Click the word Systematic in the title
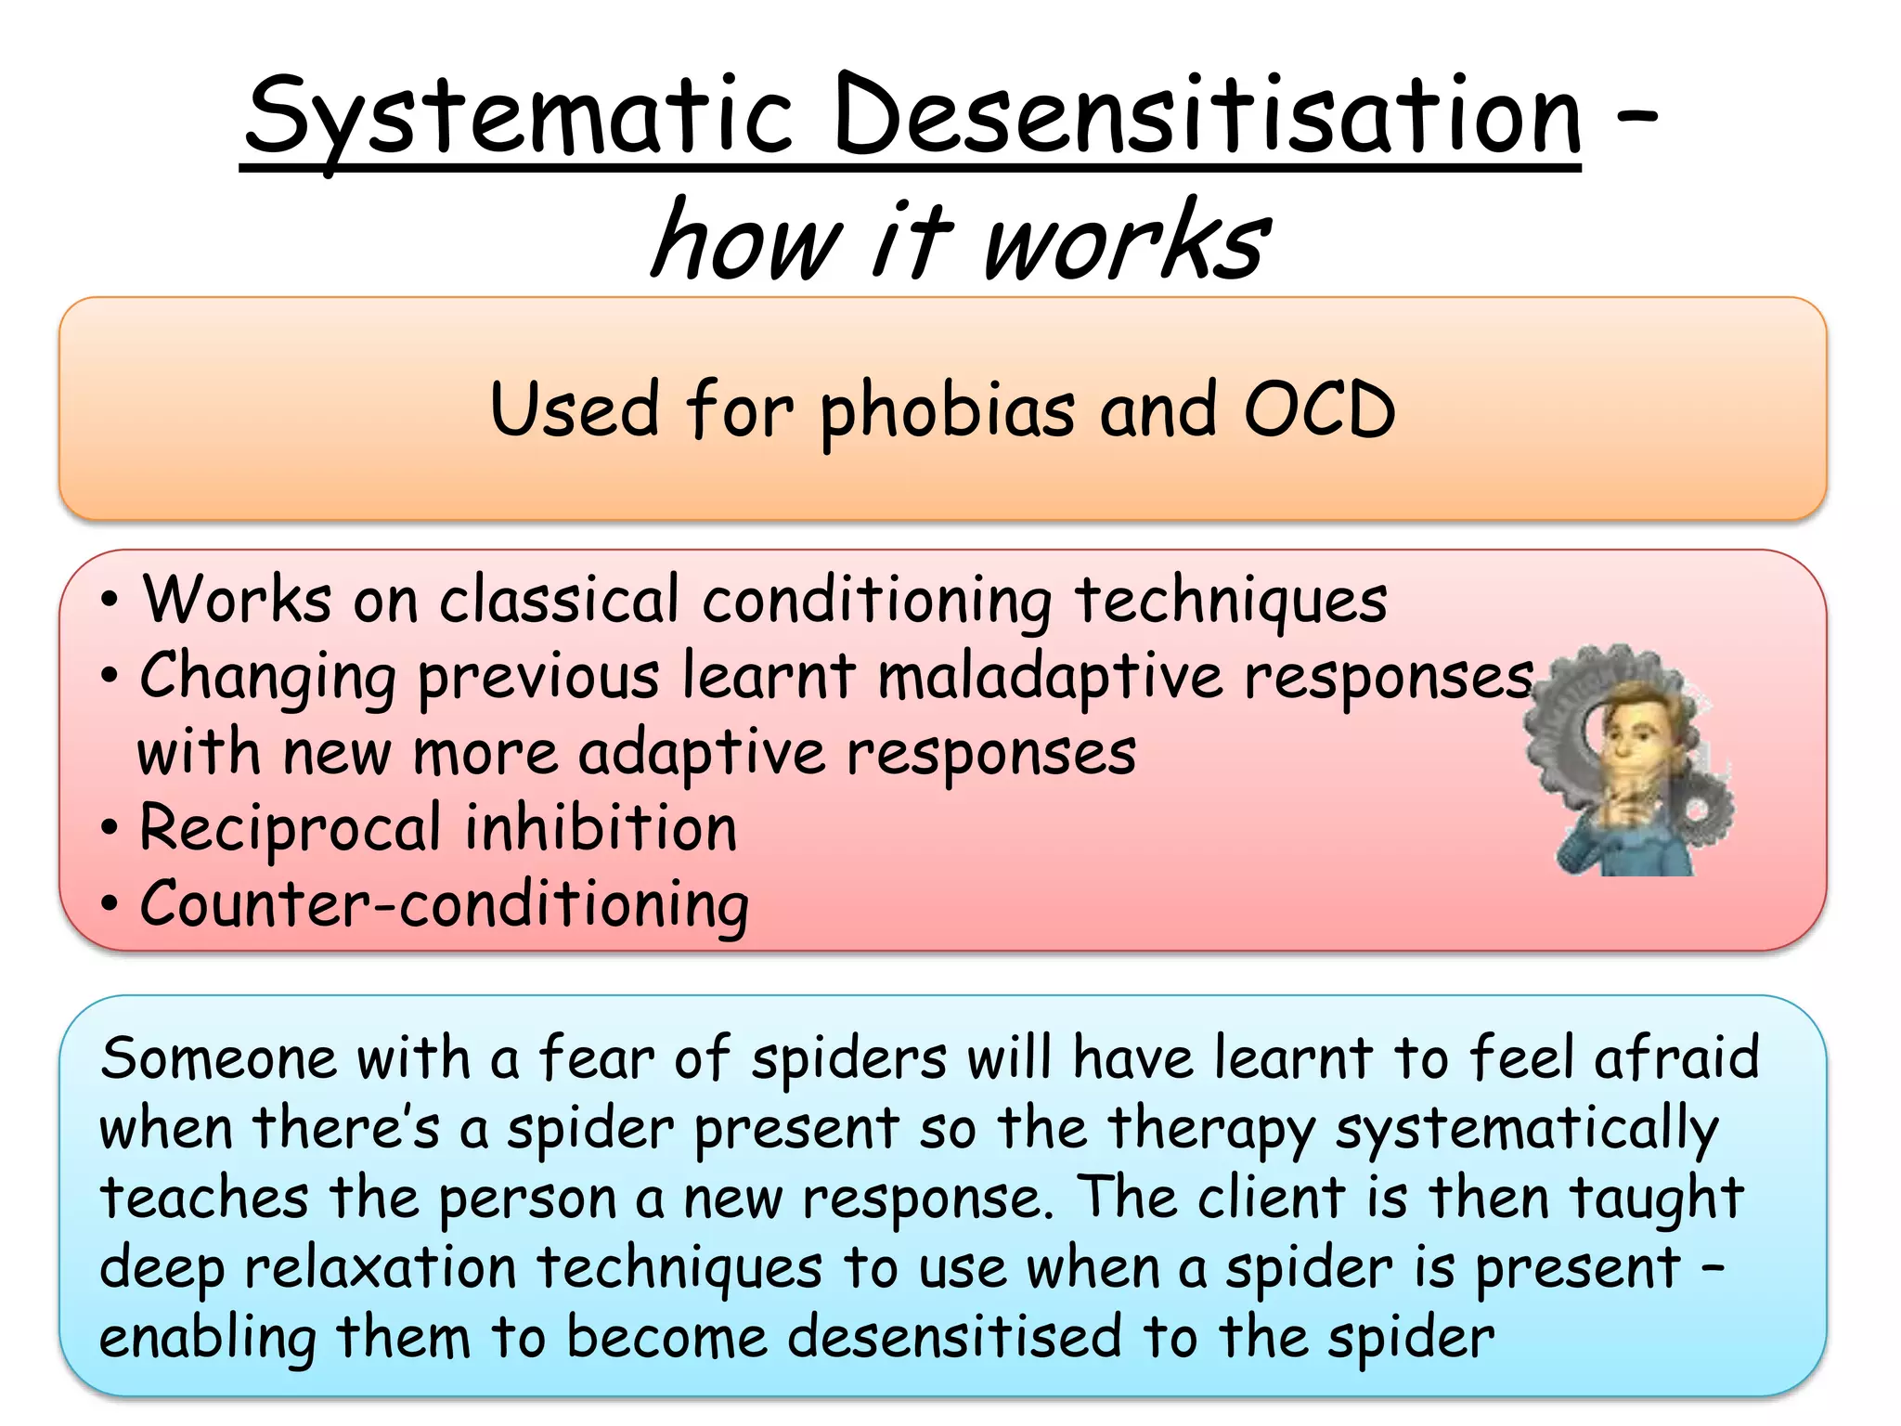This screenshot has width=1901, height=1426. [520, 119]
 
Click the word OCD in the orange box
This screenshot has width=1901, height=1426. [1318, 410]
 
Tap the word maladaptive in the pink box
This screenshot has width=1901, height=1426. [1050, 678]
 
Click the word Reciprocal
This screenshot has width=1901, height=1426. [290, 829]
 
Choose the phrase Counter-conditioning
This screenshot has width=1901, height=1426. [444, 905]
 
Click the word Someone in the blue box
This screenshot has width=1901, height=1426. [219, 1058]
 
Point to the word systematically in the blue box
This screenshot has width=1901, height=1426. [1526, 1130]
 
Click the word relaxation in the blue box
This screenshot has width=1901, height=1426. [380, 1268]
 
